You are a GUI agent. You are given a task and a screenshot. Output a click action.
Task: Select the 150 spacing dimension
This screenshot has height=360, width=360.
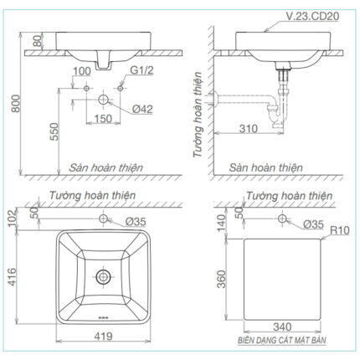tap(103, 119)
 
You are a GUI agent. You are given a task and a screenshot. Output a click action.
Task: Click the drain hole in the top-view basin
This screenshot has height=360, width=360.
tap(104, 274)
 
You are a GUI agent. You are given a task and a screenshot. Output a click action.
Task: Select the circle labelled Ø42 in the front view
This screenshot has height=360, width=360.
tap(103, 99)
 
